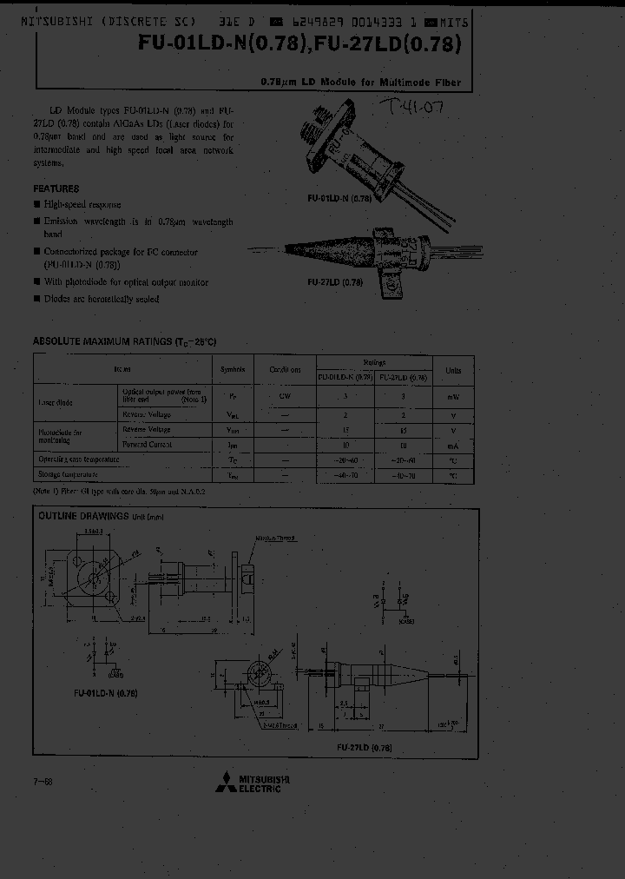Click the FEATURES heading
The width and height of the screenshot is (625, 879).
[56, 188]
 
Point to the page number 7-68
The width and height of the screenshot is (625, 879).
[42, 783]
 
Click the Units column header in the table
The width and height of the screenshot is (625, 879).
[453, 369]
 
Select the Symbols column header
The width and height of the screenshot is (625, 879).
[234, 369]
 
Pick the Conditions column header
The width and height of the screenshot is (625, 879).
[285, 369]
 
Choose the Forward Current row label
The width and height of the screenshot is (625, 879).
[147, 444]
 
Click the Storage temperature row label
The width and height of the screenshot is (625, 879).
[67, 474]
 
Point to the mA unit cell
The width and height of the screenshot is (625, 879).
[453, 444]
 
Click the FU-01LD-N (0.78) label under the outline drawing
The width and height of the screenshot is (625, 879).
[106, 693]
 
